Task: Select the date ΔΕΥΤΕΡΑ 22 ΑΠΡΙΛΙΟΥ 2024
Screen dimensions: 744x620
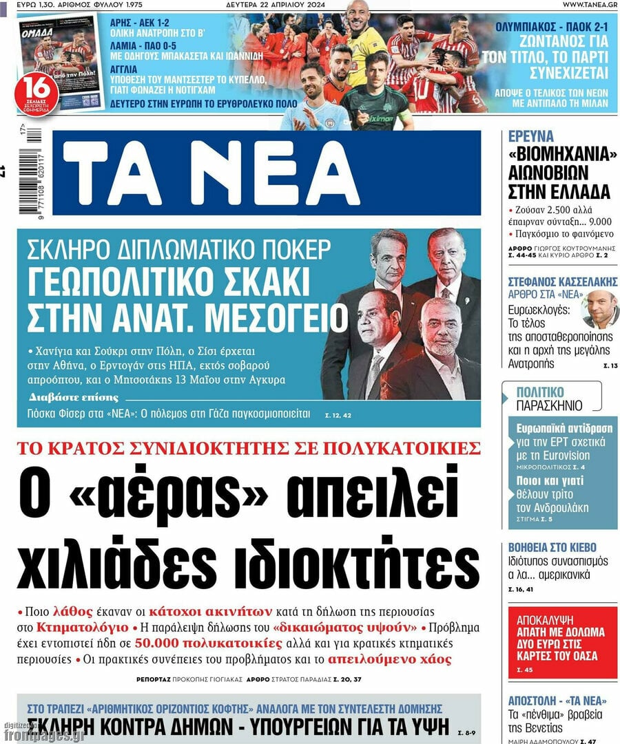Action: pos(285,5)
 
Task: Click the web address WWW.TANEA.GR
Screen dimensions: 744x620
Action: pos(589,5)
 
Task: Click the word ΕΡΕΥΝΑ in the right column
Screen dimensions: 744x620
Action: pos(531,136)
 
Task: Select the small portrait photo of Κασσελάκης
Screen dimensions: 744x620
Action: pos(599,310)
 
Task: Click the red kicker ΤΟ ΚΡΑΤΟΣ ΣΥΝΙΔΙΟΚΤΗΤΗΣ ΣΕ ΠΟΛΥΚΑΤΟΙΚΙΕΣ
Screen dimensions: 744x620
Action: pos(249,449)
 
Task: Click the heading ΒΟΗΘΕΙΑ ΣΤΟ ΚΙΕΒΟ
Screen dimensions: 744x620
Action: pos(552,548)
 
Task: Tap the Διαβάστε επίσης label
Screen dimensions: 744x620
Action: pos(74,397)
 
